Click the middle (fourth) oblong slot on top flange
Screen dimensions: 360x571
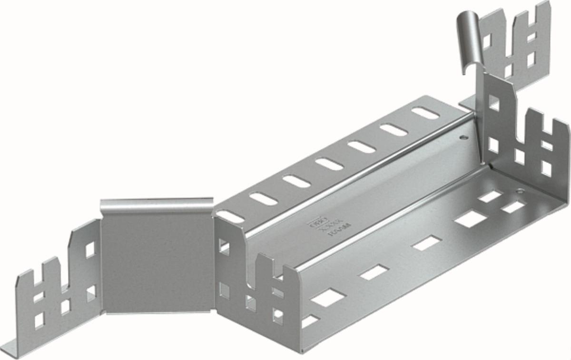tap(329, 164)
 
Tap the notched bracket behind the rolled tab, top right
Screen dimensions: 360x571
tap(516, 43)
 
